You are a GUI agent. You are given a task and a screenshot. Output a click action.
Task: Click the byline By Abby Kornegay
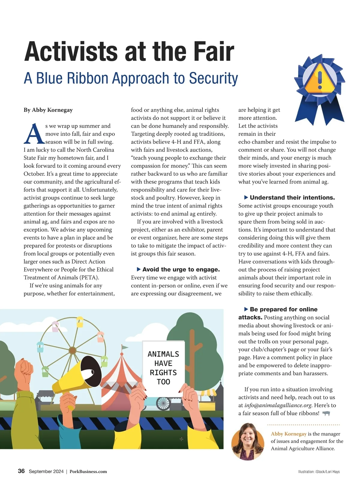tap(48, 110)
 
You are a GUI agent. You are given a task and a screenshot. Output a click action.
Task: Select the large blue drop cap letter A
tap(34, 134)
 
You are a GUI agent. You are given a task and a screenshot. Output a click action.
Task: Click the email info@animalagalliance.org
tap(278, 405)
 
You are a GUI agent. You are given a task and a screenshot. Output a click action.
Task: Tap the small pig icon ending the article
tap(326, 413)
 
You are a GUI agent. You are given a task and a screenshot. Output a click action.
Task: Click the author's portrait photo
tap(248, 441)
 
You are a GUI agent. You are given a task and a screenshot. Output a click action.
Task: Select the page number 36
tap(21, 471)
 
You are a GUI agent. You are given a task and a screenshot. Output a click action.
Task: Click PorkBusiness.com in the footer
tap(88, 472)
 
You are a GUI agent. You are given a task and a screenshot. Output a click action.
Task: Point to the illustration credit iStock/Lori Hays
tap(319, 472)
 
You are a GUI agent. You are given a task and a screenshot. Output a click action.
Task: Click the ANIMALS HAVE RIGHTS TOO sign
tap(163, 368)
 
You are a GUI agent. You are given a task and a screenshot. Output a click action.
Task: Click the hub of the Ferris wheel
tap(73, 350)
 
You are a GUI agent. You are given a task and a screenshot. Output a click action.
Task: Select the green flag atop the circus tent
tap(124, 347)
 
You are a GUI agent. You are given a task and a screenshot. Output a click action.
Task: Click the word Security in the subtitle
tap(213, 78)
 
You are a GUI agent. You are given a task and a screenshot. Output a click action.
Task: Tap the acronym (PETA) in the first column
tap(88, 278)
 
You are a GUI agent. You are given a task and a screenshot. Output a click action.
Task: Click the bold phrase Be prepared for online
tap(283, 309)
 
